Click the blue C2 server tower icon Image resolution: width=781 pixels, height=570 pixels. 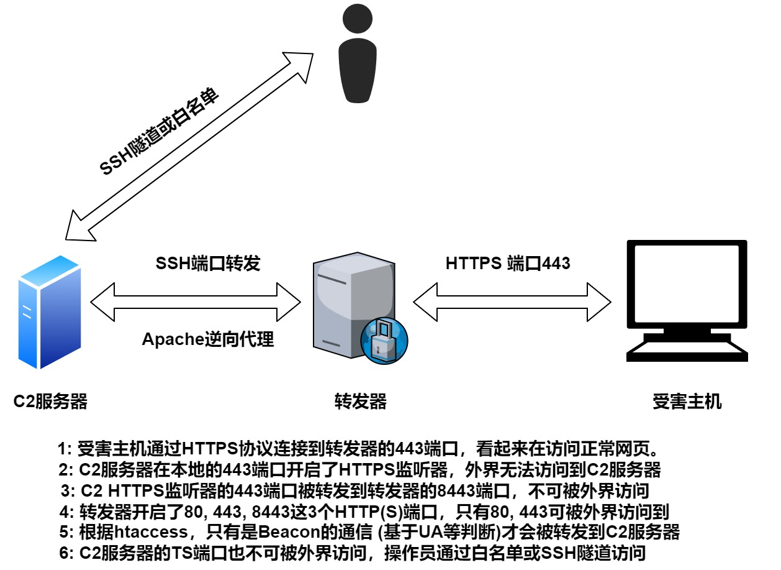50,311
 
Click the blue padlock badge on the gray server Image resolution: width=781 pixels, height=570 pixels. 384,341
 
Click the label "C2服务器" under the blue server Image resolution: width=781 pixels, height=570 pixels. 51,402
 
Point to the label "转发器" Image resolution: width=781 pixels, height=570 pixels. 360,402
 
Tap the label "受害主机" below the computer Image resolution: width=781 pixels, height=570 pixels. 687,402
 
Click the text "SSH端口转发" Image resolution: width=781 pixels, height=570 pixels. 207,264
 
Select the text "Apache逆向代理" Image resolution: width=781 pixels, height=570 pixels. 207,339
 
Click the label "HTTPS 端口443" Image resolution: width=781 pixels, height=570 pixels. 508,264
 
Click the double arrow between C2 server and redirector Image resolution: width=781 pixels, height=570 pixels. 196,302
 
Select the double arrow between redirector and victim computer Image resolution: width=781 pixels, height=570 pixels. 512,302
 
